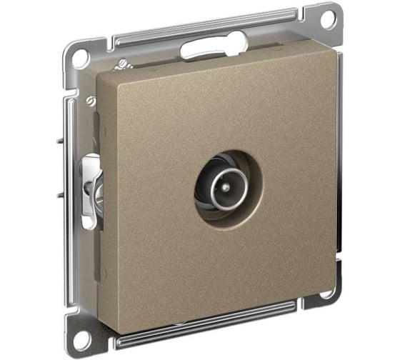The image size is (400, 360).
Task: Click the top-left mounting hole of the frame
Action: point(80,58)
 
